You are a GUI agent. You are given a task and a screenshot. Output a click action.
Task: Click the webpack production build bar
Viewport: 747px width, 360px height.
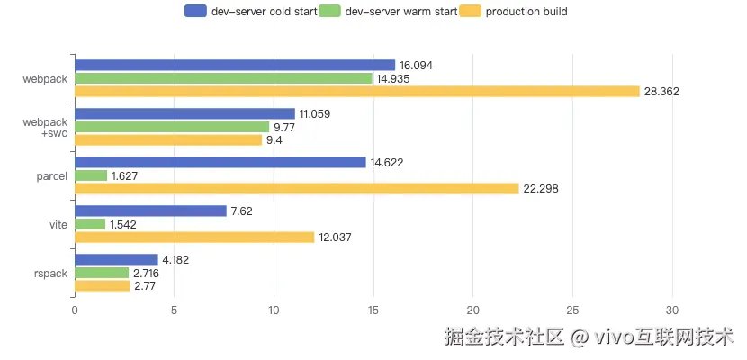[356, 91]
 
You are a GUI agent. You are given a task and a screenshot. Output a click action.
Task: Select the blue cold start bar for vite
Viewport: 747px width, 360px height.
[150, 211]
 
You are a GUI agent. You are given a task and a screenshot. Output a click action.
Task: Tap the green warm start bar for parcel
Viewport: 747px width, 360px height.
[91, 175]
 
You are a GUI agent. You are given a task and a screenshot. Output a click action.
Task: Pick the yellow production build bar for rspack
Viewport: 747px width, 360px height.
[102, 285]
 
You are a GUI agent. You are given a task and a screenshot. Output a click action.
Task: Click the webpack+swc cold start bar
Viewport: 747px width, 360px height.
[184, 113]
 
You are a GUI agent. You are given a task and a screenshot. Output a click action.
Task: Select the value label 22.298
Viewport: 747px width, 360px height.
[541, 189]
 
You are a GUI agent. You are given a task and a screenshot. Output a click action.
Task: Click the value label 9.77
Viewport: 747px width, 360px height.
[287, 127]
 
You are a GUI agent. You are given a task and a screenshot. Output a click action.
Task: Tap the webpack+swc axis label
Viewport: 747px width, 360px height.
[45, 127]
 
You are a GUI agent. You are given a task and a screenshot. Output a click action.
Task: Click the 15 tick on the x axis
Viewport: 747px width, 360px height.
[373, 309]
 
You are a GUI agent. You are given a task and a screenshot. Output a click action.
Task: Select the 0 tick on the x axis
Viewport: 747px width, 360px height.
[75, 309]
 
